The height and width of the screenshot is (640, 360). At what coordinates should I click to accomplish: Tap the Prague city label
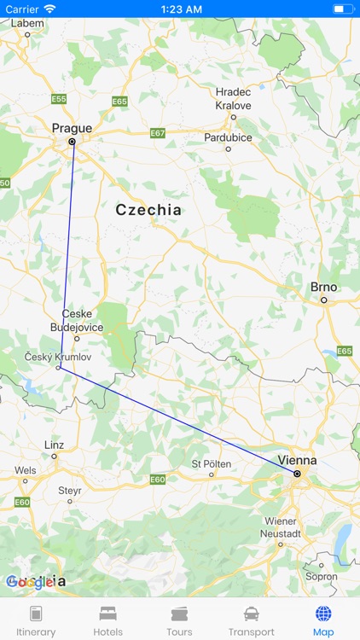[72, 128]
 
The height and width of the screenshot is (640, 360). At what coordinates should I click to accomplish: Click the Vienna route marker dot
[297, 473]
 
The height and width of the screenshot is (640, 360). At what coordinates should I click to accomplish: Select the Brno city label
[324, 288]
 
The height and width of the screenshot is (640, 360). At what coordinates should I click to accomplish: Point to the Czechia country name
[148, 209]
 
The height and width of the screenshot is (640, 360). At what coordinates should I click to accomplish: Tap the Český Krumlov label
[57, 356]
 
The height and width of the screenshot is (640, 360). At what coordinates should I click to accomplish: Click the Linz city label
[54, 445]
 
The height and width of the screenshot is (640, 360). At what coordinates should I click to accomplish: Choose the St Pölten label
[208, 463]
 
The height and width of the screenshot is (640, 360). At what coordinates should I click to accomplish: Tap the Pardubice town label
[228, 137]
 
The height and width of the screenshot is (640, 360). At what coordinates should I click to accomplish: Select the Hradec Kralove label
[233, 98]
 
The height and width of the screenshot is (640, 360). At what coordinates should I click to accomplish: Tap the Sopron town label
[322, 576]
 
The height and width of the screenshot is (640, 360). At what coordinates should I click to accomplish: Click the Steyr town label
[70, 490]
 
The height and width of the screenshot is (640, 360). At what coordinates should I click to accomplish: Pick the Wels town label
[26, 469]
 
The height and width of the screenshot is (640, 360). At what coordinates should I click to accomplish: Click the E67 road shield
[158, 133]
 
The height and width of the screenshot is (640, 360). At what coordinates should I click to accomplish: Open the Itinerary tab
[36, 620]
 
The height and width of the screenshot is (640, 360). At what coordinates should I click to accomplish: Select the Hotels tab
[107, 620]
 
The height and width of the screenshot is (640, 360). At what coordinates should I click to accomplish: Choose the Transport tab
[252, 620]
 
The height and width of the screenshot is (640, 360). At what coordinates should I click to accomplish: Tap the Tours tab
[179, 620]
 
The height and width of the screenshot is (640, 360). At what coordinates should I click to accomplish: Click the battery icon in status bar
[343, 9]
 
